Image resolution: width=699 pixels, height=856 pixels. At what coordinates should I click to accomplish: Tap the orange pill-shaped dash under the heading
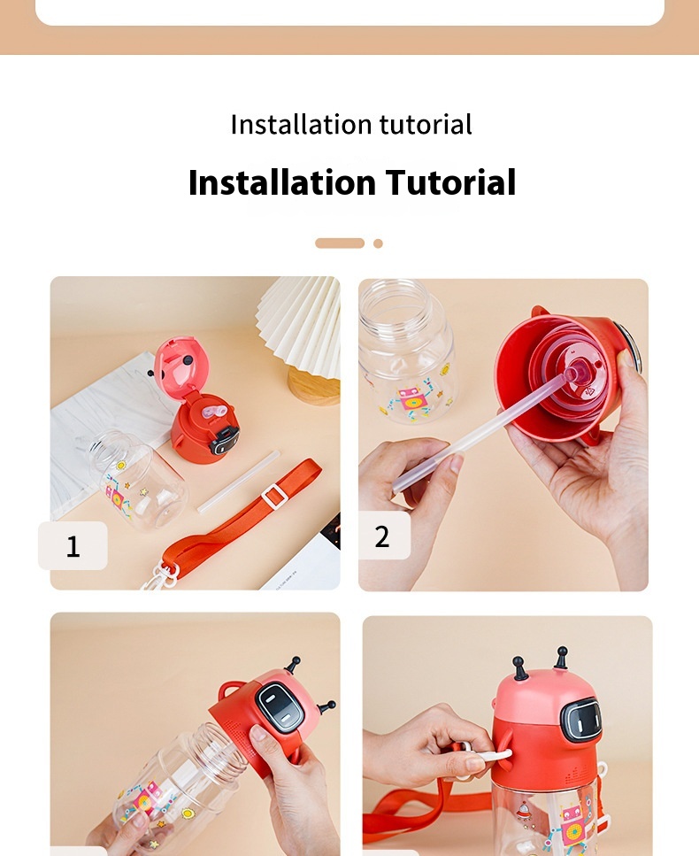(340, 243)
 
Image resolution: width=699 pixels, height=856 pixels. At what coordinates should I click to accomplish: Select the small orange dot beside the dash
(378, 243)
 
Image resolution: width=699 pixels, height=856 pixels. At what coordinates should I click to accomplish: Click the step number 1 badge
(73, 546)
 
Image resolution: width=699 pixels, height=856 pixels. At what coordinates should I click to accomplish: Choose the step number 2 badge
(382, 536)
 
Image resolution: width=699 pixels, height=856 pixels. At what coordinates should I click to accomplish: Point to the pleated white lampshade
(301, 323)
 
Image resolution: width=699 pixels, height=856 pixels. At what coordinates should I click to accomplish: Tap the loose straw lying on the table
(237, 482)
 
